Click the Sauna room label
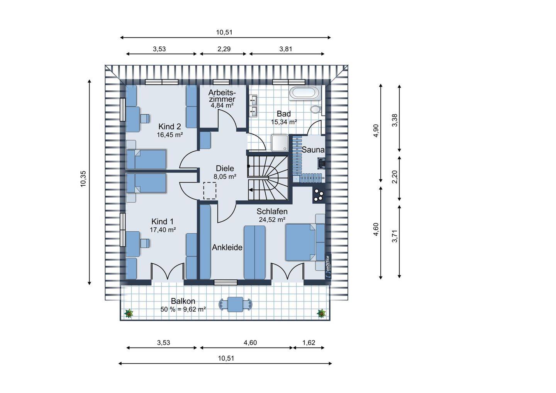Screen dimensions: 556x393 click(x=313, y=150)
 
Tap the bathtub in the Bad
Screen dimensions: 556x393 click(x=305, y=93)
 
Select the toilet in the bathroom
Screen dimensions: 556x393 click(x=316, y=109)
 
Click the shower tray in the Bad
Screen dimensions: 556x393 click(x=280, y=143)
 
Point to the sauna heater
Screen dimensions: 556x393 click(x=321, y=164)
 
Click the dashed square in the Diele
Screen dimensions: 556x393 click(x=210, y=191)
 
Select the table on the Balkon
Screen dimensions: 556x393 click(x=235, y=305)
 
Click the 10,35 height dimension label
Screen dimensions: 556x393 click(x=83, y=179)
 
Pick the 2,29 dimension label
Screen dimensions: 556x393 click(x=224, y=49)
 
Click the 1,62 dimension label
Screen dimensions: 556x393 click(x=309, y=343)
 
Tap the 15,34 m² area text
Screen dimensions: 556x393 click(x=284, y=122)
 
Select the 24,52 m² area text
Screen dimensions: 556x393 click(x=272, y=220)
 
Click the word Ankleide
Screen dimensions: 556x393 click(x=227, y=247)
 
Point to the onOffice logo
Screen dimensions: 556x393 click(x=328, y=267)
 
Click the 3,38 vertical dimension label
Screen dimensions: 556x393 click(x=395, y=120)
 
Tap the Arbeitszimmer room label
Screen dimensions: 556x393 click(x=222, y=96)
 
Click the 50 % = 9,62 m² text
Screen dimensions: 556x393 click(x=183, y=309)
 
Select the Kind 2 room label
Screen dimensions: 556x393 click(x=170, y=127)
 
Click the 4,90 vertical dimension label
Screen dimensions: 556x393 click(x=376, y=130)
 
